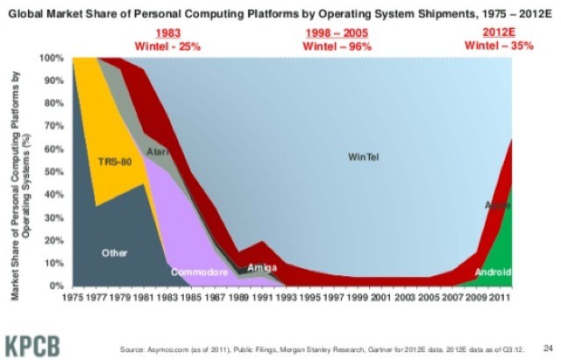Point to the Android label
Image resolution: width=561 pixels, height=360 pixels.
(x=492, y=272)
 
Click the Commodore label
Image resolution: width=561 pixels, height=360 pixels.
(x=199, y=272)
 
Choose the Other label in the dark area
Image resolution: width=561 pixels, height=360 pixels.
(x=114, y=252)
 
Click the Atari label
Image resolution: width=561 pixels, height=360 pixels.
(x=159, y=152)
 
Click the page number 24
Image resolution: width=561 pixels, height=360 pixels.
(x=547, y=346)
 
